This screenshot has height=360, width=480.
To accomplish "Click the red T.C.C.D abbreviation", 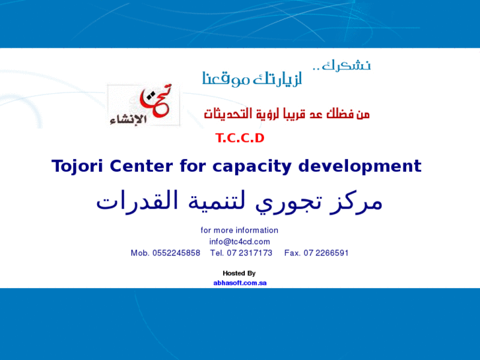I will click(240, 138).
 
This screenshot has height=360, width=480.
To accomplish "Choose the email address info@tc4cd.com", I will click(240, 242).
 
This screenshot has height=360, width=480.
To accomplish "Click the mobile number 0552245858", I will click(176, 253).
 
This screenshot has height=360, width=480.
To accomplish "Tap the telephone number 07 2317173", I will click(250, 253).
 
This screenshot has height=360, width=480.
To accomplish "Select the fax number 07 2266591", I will click(326, 253).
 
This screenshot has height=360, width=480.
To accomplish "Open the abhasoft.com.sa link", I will click(240, 283).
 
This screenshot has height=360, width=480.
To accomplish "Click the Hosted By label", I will click(239, 273).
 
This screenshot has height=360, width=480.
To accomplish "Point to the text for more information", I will click(240, 231).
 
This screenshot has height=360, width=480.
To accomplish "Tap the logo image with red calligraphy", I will click(143, 105).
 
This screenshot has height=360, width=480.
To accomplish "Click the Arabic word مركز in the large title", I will click(358, 201).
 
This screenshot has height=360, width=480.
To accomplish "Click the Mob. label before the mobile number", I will click(140, 253).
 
